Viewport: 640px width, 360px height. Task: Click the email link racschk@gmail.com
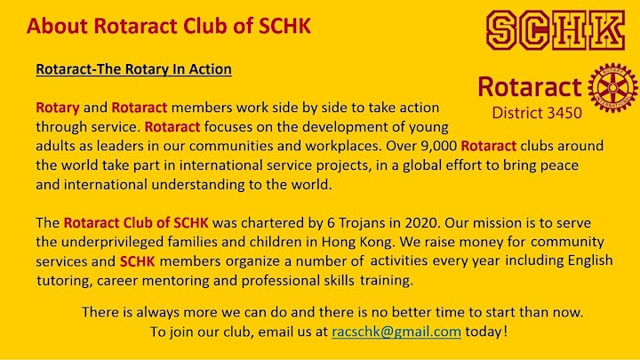[396, 331]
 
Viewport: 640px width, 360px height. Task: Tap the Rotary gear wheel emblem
[612, 88]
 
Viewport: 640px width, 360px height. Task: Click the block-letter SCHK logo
[556, 30]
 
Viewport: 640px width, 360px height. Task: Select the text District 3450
[537, 113]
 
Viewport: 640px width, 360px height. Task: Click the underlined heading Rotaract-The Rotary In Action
[133, 69]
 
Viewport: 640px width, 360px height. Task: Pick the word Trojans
[362, 223]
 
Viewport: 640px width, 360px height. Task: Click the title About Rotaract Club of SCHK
[169, 26]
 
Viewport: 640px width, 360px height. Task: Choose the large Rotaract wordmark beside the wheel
[530, 86]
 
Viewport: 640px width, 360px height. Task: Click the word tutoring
[64, 281]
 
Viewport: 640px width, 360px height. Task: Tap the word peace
[559, 165]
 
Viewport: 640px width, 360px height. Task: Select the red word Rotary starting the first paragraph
[58, 108]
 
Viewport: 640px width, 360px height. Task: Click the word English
[590, 260]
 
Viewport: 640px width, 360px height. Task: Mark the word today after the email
[484, 331]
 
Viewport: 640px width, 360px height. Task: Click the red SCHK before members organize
[137, 261]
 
